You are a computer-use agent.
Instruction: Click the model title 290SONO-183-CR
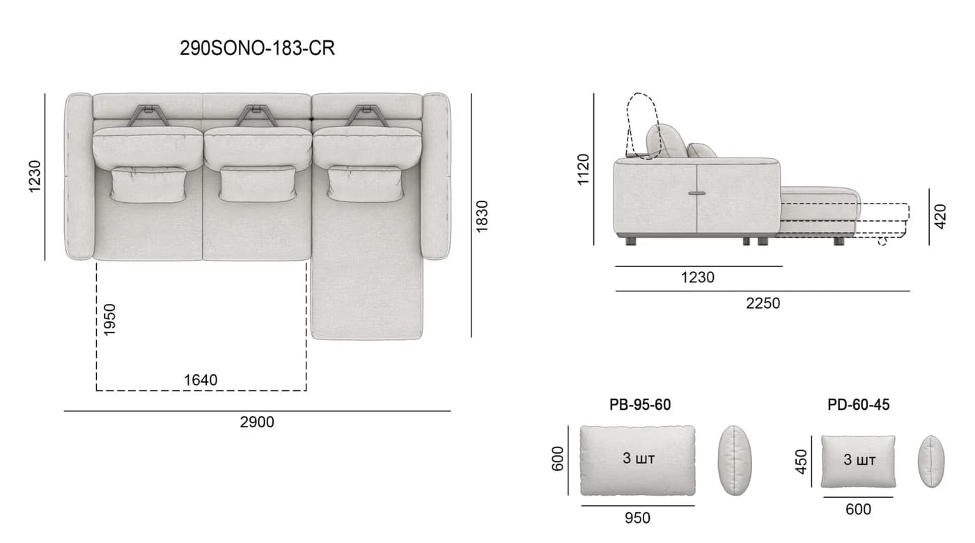coord(257,48)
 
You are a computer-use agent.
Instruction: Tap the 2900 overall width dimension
coord(257,422)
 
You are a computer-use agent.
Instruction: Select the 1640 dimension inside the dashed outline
coord(201,380)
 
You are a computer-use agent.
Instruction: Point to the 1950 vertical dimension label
coord(110,319)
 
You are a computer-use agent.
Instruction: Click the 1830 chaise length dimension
coord(482,216)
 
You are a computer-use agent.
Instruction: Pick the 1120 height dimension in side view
coord(583,169)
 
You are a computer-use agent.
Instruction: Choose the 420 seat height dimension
coord(940,216)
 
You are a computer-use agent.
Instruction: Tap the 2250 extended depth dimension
coord(763,303)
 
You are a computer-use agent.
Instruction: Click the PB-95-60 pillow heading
coord(640,405)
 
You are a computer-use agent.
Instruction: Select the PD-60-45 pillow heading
coord(858,405)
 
